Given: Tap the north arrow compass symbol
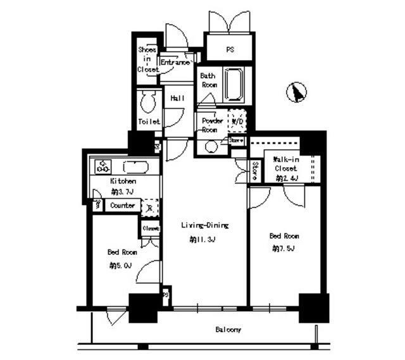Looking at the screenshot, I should pos(296,93).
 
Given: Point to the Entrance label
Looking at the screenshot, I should pos(175,63).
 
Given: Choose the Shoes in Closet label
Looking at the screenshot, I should pos(147,60).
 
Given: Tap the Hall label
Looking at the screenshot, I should pos(177,98).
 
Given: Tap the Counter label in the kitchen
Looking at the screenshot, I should pos(122,206).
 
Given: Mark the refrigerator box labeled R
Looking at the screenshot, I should pos(149,207).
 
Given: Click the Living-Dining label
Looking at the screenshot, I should pos(204,225).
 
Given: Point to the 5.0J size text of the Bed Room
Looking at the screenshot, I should pos(120,265).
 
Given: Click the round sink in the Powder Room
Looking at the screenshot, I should pos(211,146).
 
